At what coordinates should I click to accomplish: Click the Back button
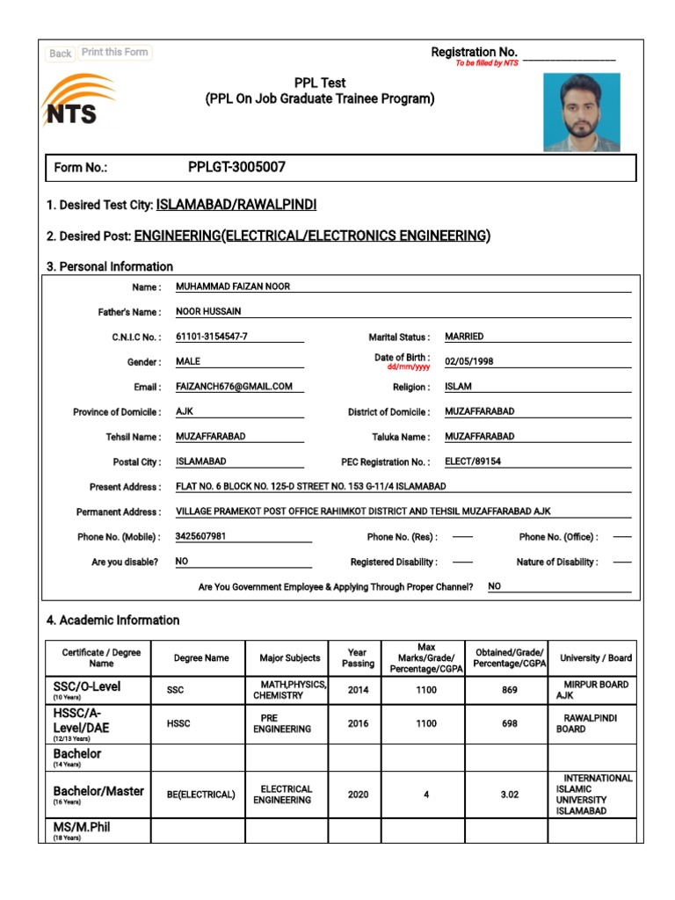point(60,54)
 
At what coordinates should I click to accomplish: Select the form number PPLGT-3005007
point(236,167)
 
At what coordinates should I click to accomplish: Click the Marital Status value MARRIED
point(464,337)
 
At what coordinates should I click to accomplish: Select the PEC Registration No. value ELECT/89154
point(473,461)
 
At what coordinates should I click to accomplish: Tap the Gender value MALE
point(188,362)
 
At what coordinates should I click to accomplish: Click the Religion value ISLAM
point(458,387)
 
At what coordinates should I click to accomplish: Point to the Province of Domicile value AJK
point(185,411)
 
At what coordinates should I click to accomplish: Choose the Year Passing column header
point(358,658)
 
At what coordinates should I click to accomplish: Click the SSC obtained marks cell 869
point(510,691)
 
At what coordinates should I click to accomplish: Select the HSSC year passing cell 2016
point(358,723)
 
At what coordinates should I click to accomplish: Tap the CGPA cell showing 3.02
point(510,795)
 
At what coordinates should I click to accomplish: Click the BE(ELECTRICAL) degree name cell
point(200,795)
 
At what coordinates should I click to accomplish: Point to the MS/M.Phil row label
point(82,828)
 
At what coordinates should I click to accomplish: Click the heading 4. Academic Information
point(112,621)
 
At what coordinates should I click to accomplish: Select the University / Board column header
point(596,658)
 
